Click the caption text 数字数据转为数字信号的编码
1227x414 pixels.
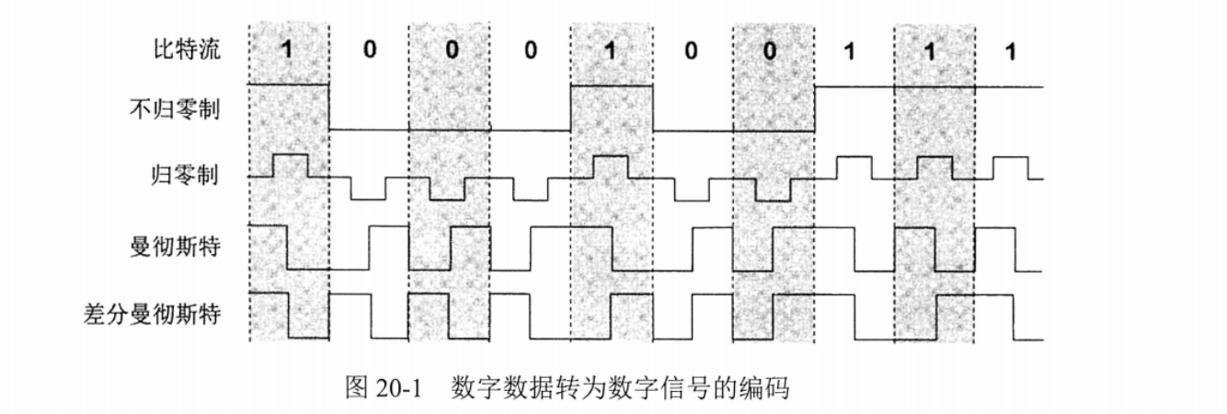(x=621, y=388)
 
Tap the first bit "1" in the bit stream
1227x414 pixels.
(x=287, y=51)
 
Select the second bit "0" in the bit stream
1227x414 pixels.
(x=369, y=50)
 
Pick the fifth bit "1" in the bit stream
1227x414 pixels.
(x=610, y=51)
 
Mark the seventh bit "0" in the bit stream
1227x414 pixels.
(x=771, y=51)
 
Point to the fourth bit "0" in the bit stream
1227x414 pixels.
(x=530, y=50)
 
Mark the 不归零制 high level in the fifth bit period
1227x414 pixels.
(x=612, y=86)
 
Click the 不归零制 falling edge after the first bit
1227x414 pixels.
(x=329, y=108)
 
